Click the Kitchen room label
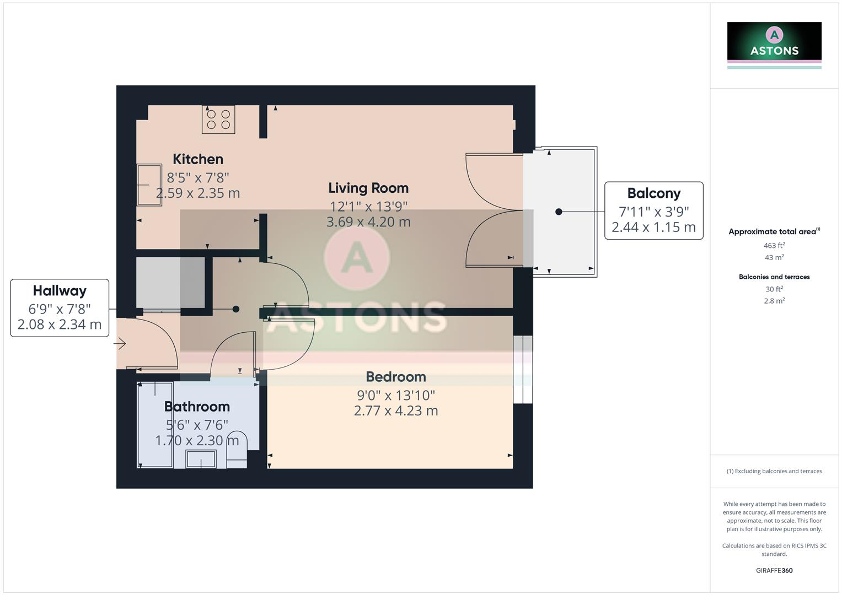[x=198, y=159]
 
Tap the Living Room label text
[x=368, y=188]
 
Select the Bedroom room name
[x=396, y=377]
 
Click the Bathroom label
[x=197, y=407]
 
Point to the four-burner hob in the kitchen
[x=218, y=120]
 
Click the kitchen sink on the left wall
[x=149, y=185]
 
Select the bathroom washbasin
[x=201, y=458]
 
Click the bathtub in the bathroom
[x=155, y=424]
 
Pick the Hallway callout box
[x=60, y=307]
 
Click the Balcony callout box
[x=653, y=210]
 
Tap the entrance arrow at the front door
[x=120, y=344]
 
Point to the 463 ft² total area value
[x=774, y=246]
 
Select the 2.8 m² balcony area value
[x=774, y=301]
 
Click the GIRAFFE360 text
[x=774, y=570]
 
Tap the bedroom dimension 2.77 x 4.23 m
[x=396, y=410]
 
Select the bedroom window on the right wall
[x=523, y=369]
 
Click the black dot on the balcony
[x=559, y=212]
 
